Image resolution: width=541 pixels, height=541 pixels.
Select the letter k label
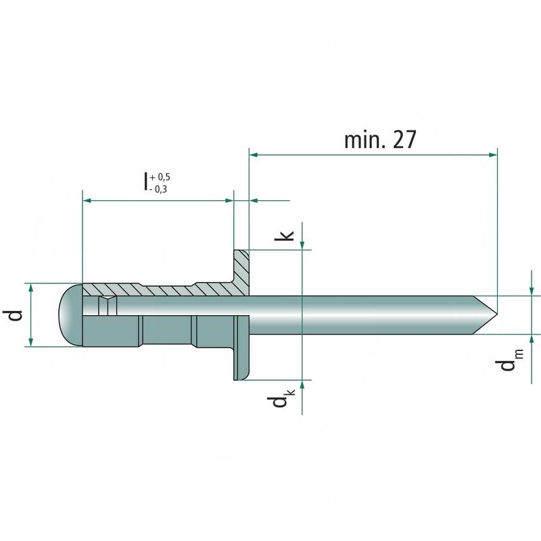287,235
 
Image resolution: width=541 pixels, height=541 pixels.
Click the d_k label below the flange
279,404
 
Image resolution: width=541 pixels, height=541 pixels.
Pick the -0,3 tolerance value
158,189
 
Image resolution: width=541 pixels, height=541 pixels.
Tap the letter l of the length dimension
145,183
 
